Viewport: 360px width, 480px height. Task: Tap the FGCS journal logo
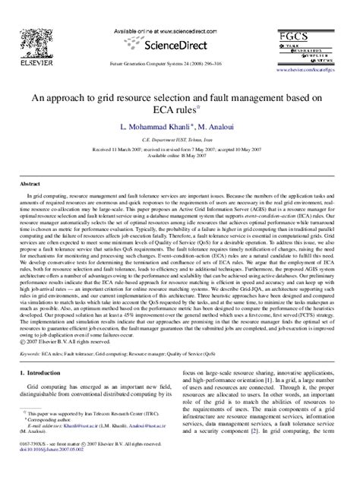(317, 43)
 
